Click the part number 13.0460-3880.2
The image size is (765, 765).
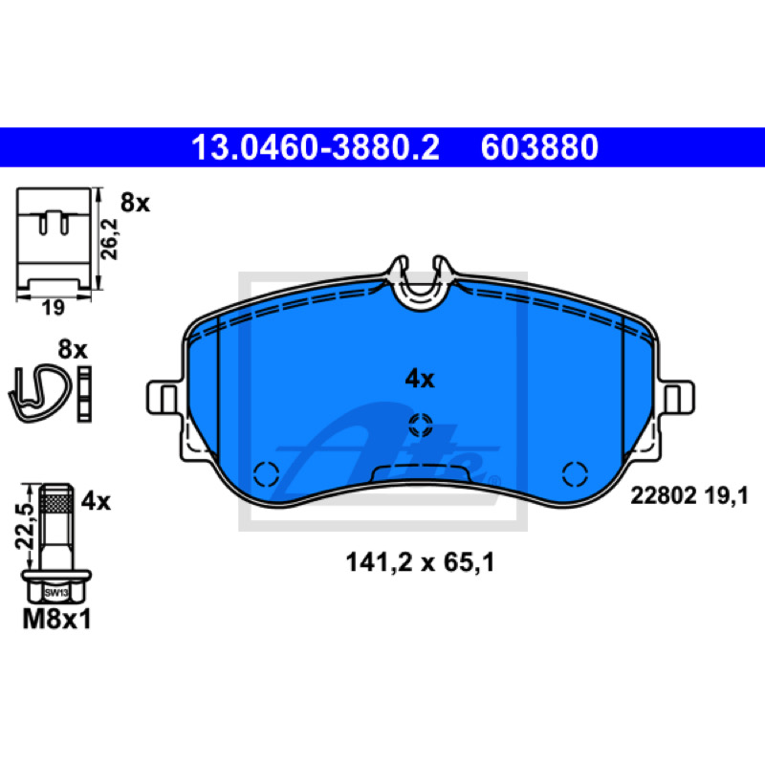pyautogui.click(x=316, y=148)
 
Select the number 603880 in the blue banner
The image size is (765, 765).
pyautogui.click(x=539, y=148)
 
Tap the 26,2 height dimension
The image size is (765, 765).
pyautogui.click(x=109, y=239)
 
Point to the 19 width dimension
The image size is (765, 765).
pyautogui.click(x=53, y=308)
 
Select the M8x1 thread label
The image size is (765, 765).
pyautogui.click(x=57, y=620)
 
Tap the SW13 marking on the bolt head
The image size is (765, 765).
pyautogui.click(x=56, y=593)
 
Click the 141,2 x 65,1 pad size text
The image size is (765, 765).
pyautogui.click(x=420, y=562)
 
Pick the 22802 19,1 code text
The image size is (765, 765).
pyautogui.click(x=688, y=496)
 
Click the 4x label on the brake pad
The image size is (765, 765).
pyautogui.click(x=420, y=379)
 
